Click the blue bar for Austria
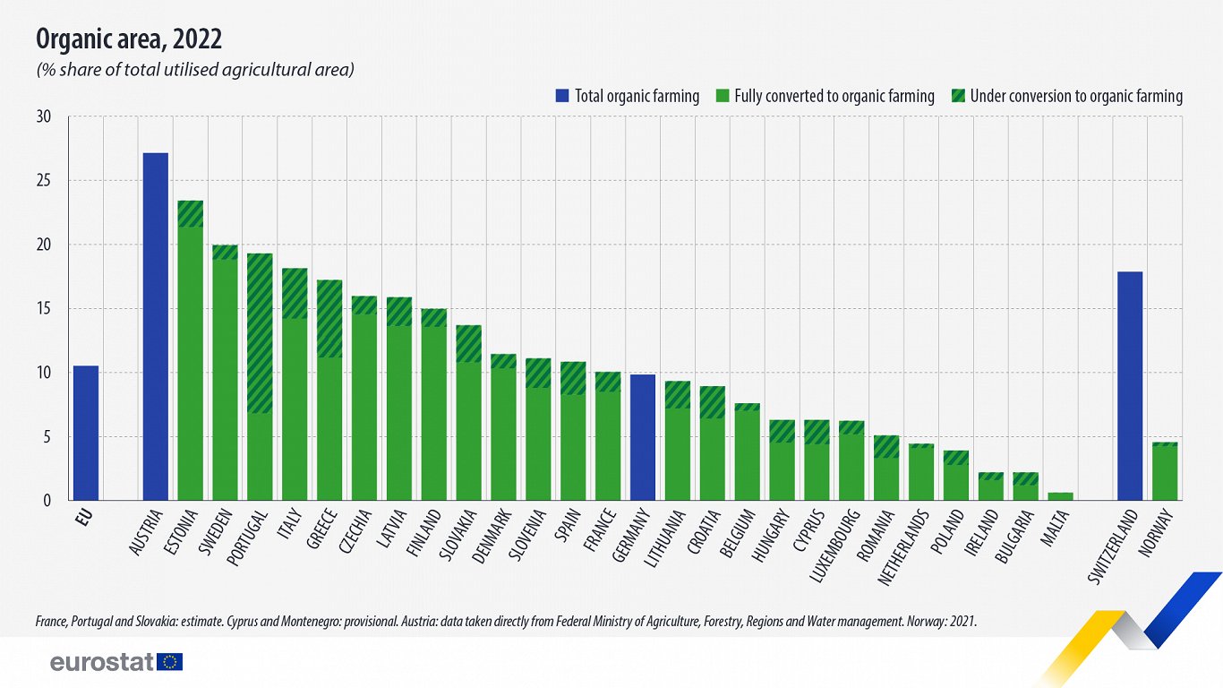pos(155,327)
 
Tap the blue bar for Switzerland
pos(1130,385)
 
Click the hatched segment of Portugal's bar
pos(260,333)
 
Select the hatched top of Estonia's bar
pos(190,213)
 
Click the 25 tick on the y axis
pos(45,181)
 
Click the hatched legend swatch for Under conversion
pos(958,96)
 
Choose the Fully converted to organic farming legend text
pos(834,96)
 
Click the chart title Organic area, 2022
pos(129,39)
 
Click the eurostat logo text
pos(101,663)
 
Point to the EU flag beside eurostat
pos(169,662)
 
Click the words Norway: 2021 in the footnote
pos(945,620)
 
